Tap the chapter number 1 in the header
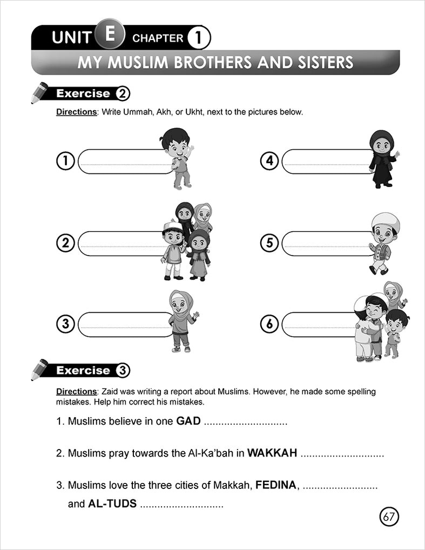(198, 38)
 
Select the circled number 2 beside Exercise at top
(122, 93)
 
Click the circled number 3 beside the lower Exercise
(122, 371)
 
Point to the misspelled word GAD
(188, 421)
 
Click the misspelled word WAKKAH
(272, 453)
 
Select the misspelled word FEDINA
(276, 485)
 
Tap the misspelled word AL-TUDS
(112, 504)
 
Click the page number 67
(389, 517)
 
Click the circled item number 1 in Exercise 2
(65, 161)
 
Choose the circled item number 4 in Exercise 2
(269, 161)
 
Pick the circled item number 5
(269, 243)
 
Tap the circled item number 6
(269, 325)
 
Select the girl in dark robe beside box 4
(382, 159)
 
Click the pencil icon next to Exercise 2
(39, 93)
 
